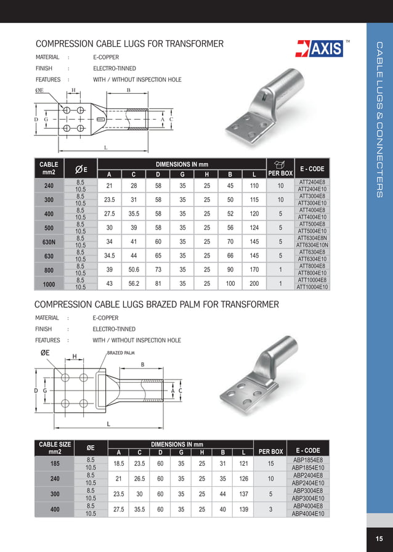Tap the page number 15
coord(379,540)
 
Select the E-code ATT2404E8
coord(312,183)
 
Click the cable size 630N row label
coord(49,241)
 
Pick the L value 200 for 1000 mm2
coord(254,283)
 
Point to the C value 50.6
coord(134,270)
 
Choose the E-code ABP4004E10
coord(310,513)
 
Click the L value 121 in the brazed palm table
coord(243,463)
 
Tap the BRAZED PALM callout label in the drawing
coord(121,353)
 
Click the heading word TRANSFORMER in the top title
coord(190,44)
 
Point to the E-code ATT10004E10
coord(312,287)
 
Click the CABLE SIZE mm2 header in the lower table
coord(55,448)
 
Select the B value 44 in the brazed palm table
coord(223,494)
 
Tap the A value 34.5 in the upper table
coord(110,255)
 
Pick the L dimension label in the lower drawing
coord(108,424)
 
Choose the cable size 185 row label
coord(55,463)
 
